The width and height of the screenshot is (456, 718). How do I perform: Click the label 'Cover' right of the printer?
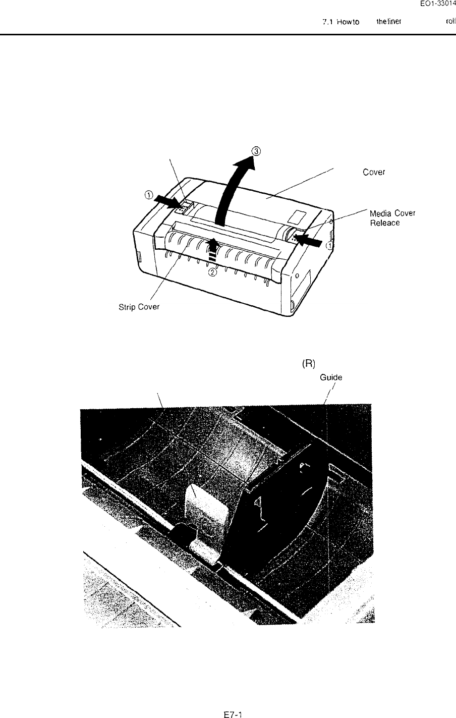pyautogui.click(x=374, y=172)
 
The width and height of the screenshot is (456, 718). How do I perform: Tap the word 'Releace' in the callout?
pyautogui.click(x=385, y=223)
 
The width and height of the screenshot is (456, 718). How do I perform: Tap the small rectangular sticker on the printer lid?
pyautogui.click(x=295, y=215)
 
